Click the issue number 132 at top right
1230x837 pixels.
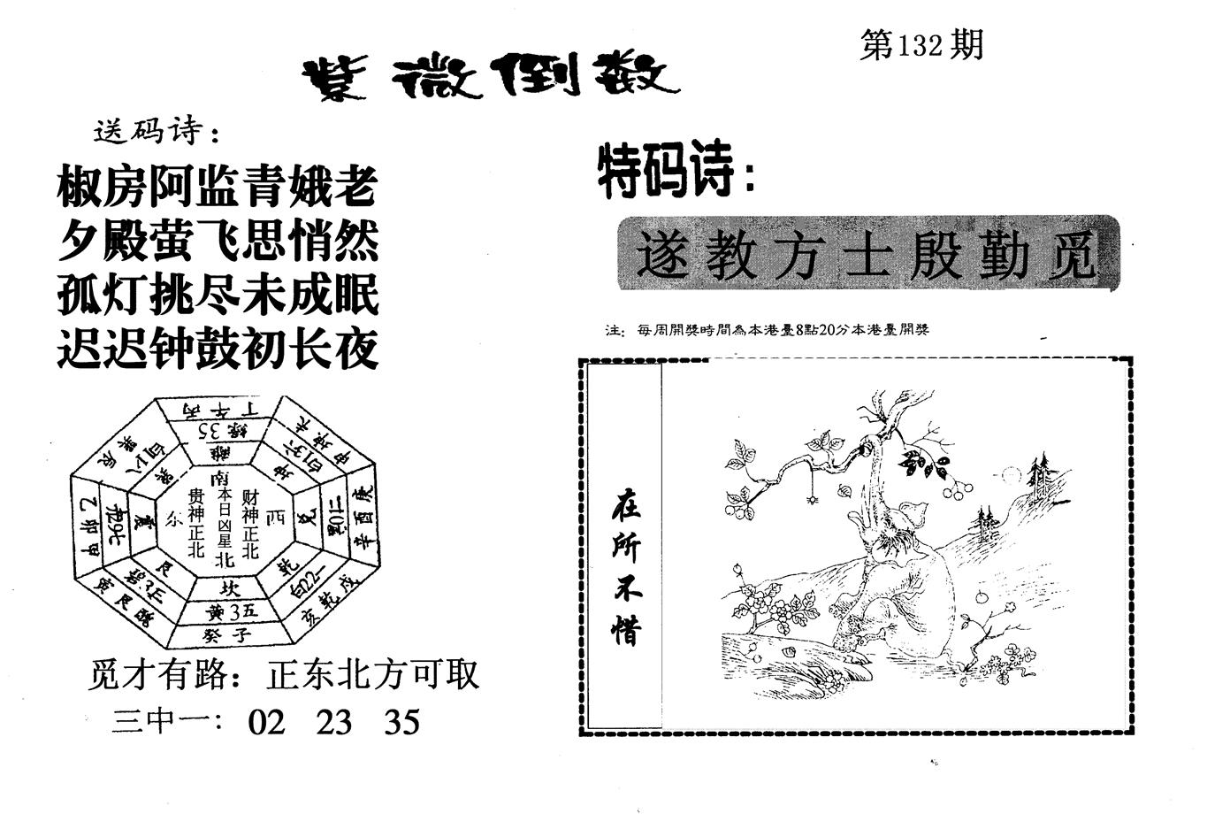tap(921, 46)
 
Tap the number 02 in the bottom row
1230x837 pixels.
tap(267, 723)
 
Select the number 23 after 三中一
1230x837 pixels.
tap(334, 723)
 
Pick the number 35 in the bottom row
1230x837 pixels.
tap(402, 723)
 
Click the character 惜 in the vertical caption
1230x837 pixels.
tap(625, 629)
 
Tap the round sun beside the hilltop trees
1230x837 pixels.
tap(1011, 475)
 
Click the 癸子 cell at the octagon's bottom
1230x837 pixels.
tap(227, 635)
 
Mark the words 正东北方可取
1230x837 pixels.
tap(372, 676)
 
